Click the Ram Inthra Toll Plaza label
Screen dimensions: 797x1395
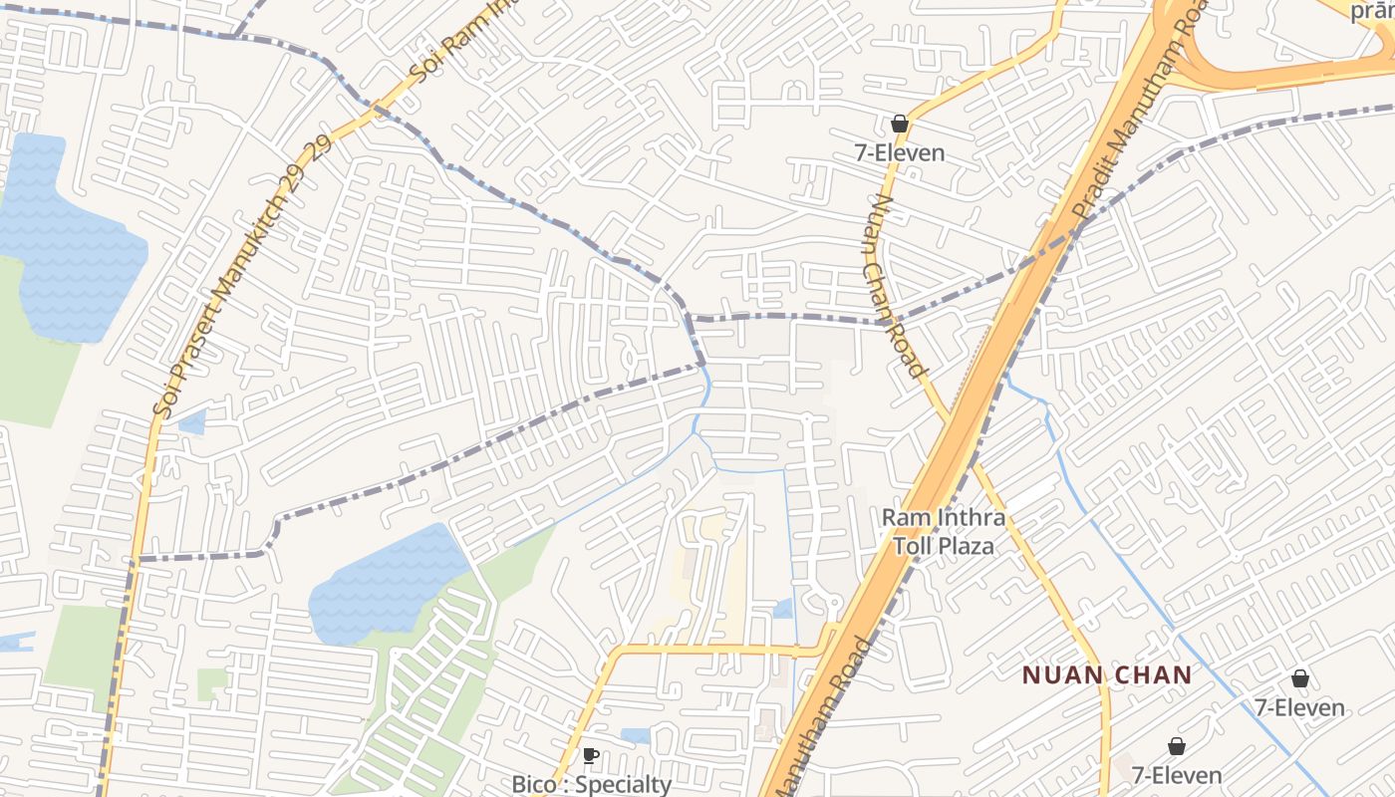click(x=943, y=532)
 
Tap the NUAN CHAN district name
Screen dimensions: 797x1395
click(x=1107, y=675)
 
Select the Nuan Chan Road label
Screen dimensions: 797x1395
click(x=896, y=285)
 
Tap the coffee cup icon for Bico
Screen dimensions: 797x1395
click(x=591, y=755)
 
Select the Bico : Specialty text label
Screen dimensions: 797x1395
click(x=591, y=784)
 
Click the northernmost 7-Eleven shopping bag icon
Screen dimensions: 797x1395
click(x=900, y=124)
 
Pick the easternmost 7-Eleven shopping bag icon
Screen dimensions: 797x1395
click(x=1299, y=678)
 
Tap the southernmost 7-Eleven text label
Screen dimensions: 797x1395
click(x=1176, y=775)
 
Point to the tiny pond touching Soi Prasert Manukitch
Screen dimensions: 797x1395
click(x=191, y=422)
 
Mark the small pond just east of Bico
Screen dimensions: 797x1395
click(x=635, y=736)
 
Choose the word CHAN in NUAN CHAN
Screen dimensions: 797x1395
click(x=1154, y=675)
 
